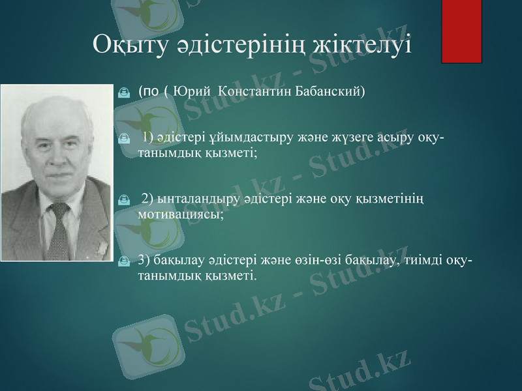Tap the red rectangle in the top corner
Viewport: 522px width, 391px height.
click(461, 31)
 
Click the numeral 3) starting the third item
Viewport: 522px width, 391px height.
click(145, 261)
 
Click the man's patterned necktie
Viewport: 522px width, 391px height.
click(59, 228)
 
